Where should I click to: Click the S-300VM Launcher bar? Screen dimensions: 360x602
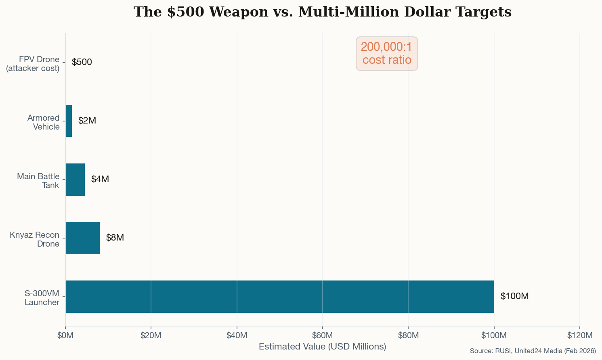click(279, 297)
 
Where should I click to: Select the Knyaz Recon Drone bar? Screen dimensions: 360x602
click(82, 238)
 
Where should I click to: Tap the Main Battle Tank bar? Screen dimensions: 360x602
click(75, 180)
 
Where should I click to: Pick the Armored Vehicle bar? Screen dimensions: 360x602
click(69, 121)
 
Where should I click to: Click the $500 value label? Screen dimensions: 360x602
click(82, 62)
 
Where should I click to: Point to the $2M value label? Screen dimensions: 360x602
click(87, 121)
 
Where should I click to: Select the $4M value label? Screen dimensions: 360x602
click(100, 179)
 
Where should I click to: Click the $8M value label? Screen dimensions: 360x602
click(115, 238)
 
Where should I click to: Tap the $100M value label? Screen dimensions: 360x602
click(514, 296)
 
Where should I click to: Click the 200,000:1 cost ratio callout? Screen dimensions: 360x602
click(387, 54)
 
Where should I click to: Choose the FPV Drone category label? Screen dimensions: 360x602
click(33, 64)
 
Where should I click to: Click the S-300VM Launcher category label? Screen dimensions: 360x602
click(42, 298)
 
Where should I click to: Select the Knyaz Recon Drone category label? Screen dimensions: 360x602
click(35, 239)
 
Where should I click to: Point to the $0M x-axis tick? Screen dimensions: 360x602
click(65, 335)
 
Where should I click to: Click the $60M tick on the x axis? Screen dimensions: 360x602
click(323, 335)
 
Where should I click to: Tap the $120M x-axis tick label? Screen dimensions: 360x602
click(579, 335)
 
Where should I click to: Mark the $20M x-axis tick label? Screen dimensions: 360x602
click(151, 335)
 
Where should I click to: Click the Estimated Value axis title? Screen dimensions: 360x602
click(322, 347)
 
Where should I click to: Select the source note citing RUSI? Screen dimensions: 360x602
click(533, 351)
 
